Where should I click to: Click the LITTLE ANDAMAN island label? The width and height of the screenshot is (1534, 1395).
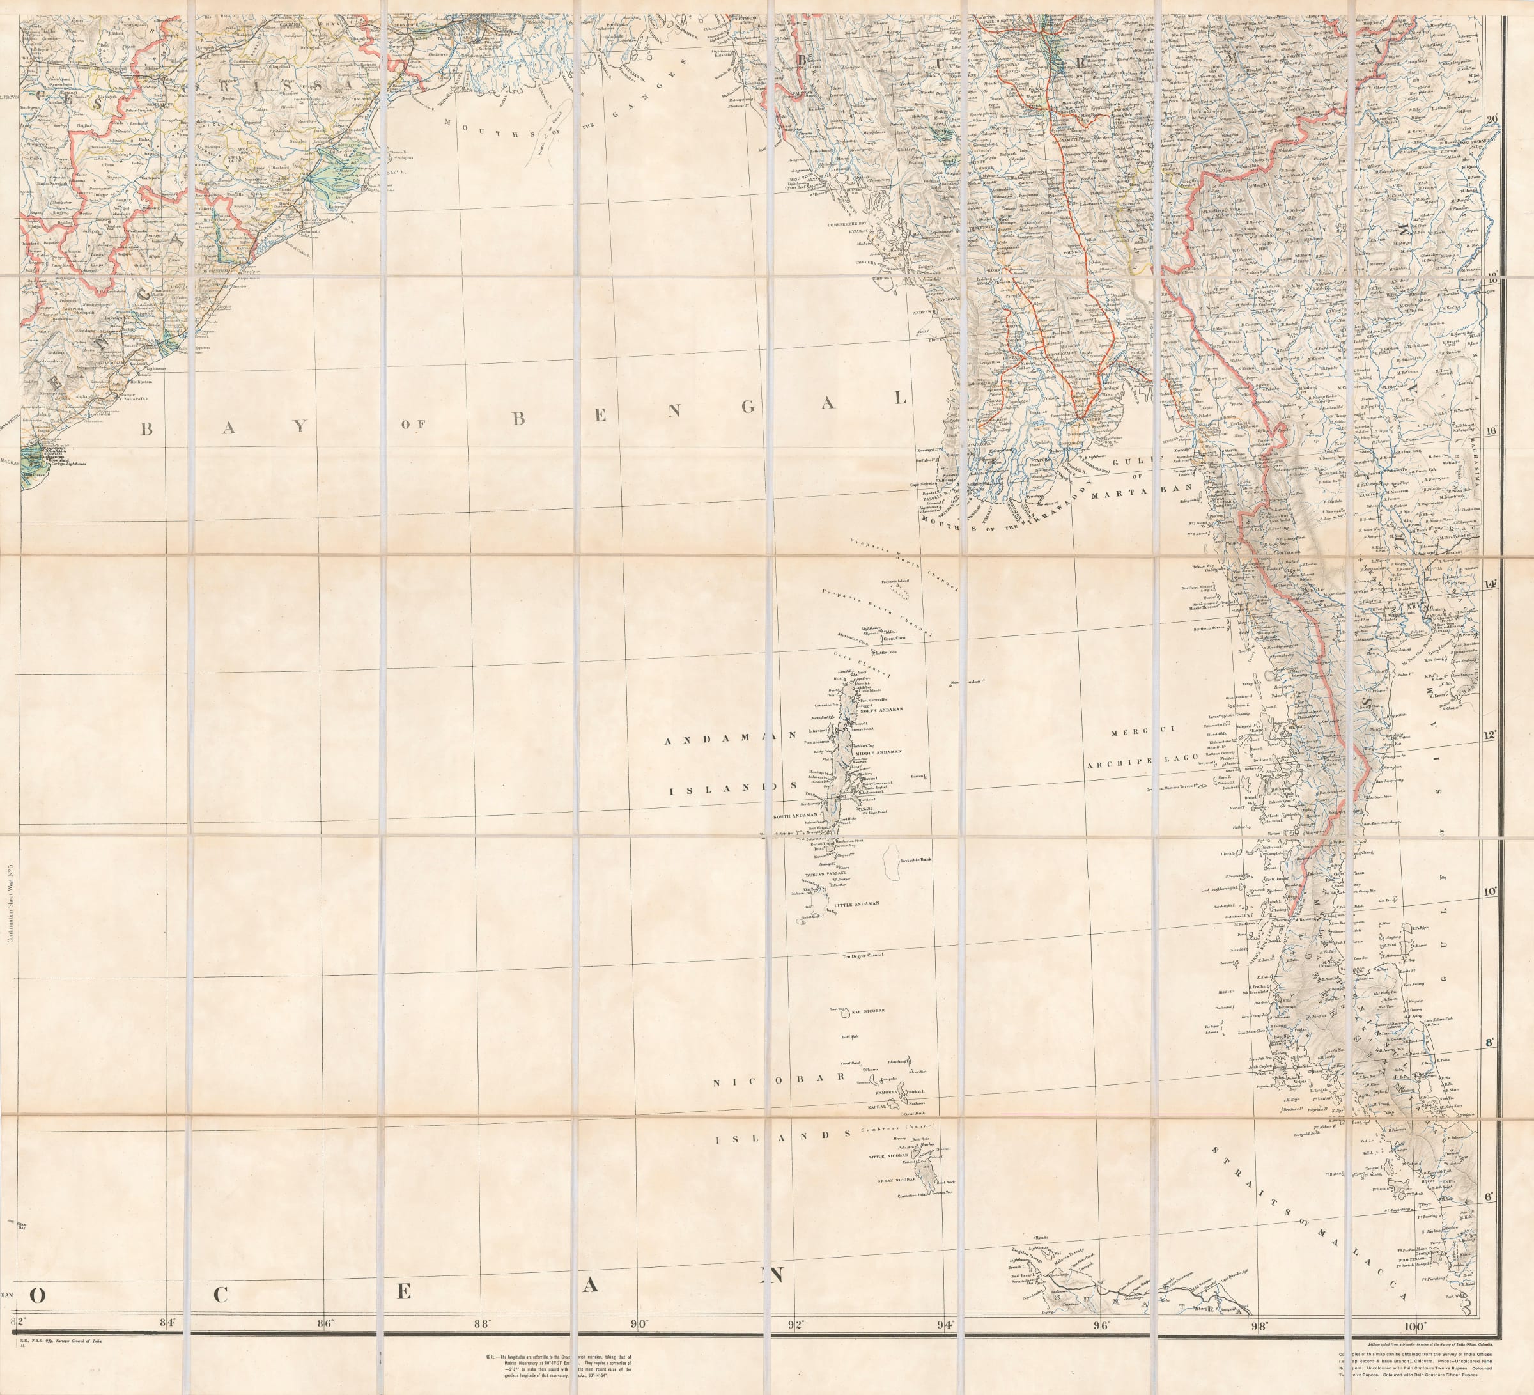tap(856, 903)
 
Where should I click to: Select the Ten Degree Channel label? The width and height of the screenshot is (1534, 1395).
tap(862, 955)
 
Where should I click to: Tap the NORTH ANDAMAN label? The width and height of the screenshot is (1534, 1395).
tap(881, 709)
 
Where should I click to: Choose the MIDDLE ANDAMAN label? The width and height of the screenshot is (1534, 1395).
tap(878, 751)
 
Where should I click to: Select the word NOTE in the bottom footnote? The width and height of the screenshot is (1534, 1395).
tap(491, 1358)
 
